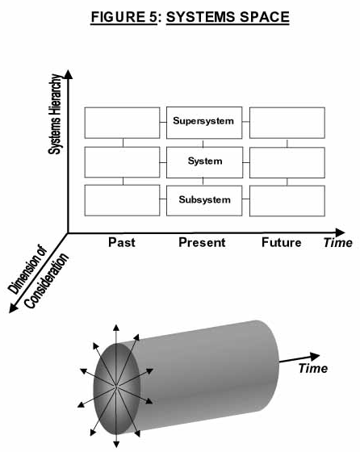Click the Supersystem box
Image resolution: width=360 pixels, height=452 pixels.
204,123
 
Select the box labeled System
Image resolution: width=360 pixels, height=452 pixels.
205,162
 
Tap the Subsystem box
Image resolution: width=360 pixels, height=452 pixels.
204,200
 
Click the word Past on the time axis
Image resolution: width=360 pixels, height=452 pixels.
122,242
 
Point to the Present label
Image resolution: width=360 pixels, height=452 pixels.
202,242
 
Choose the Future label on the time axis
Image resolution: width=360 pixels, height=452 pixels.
282,242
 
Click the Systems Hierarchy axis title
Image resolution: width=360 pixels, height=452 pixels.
55,114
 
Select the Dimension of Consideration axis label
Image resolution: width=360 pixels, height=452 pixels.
38,277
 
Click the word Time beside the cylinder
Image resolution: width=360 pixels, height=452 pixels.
312,368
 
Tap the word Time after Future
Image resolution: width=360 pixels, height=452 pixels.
338,242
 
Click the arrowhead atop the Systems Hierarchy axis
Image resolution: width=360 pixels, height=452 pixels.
68,74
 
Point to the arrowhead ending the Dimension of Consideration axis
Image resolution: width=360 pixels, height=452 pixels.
13,308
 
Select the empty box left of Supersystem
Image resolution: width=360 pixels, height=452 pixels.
122,123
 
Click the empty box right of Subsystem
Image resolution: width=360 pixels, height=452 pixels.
287,201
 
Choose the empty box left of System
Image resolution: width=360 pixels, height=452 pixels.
122,162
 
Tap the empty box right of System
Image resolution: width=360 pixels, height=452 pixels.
287,162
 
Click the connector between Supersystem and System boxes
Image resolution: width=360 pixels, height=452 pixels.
203,144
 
